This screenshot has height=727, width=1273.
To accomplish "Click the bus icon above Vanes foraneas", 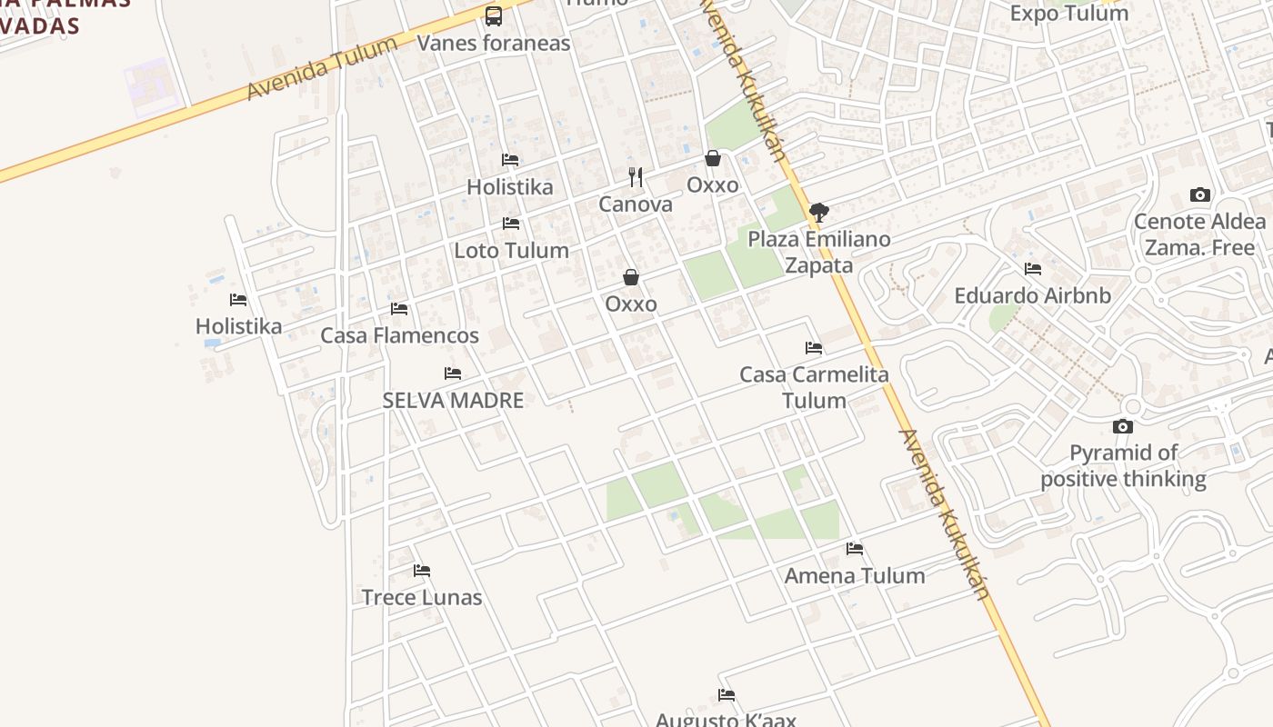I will pos(494,15).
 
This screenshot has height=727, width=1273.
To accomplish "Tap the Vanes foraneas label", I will pos(494,43).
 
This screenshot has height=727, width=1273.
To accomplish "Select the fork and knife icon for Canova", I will pos(636,177).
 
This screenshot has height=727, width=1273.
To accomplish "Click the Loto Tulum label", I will pos(511,250).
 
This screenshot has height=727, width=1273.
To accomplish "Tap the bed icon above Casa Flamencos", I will pos(399,309).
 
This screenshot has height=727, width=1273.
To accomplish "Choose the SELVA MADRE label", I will pos(453,400).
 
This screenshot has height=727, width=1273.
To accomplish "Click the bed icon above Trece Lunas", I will pos(422,571).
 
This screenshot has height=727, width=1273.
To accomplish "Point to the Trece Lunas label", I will pos(422,597).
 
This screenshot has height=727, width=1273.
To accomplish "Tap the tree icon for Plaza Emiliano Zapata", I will pos(818,213).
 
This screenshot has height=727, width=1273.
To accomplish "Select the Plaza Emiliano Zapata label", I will pos(818,252).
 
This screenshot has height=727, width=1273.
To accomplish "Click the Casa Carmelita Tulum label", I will pos(814,387).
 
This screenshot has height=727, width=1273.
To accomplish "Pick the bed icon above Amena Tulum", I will pos(855,549).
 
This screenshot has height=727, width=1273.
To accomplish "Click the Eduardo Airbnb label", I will pos(1032,295).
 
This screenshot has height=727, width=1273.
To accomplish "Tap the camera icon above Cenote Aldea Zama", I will pos(1200,195).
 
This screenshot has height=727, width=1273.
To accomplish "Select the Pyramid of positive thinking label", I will pos(1123,465).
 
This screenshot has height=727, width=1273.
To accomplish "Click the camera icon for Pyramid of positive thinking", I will pos(1123,426).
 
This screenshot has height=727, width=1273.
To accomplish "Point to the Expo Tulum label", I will pos(1068,13).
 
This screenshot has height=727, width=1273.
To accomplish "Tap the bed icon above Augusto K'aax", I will pos(727,695).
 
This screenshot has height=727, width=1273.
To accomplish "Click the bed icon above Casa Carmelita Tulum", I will pos(814,348).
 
